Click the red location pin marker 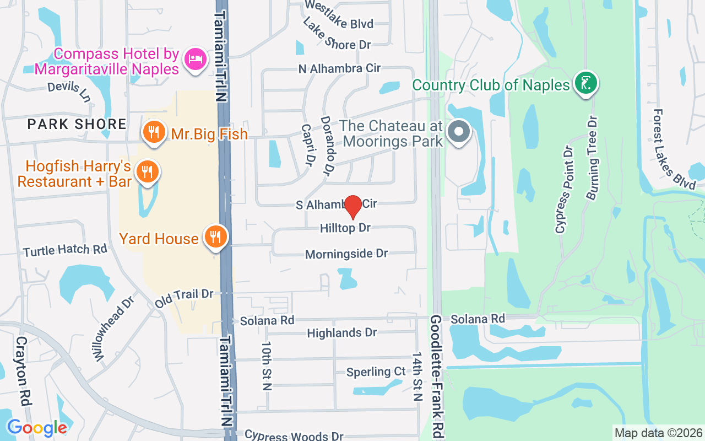pyautogui.click(x=352, y=207)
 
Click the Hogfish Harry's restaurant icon pyautogui.click(x=147, y=172)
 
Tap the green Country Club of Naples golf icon pyautogui.click(x=585, y=83)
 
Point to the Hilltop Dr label pyautogui.click(x=346, y=228)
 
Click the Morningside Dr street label pyautogui.click(x=346, y=254)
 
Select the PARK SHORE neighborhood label pyautogui.click(x=77, y=124)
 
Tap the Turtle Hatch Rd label pyautogui.click(x=65, y=250)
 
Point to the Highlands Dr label pyautogui.click(x=341, y=333)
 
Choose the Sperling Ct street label pyautogui.click(x=376, y=372)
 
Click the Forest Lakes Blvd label pyautogui.click(x=672, y=149)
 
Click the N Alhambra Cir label pyautogui.click(x=339, y=69)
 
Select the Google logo pyautogui.click(x=37, y=427)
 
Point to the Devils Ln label pyautogui.click(x=69, y=92)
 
